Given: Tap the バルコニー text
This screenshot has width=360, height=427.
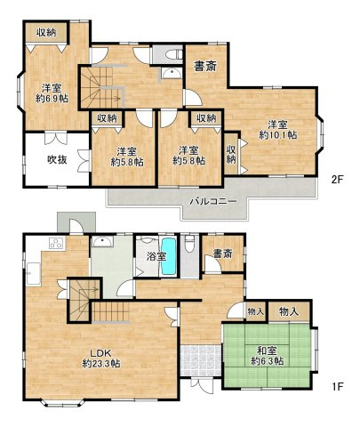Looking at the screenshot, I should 212,202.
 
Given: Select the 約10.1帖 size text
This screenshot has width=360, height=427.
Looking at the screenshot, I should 277,134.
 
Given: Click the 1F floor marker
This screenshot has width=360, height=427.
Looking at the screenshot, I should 337,387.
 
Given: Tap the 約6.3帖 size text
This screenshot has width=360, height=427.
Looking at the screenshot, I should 266,361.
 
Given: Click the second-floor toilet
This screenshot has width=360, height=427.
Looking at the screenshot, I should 168,54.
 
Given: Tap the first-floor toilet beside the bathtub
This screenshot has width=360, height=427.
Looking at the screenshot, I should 189,246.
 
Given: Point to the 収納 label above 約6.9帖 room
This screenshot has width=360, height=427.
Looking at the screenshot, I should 47,31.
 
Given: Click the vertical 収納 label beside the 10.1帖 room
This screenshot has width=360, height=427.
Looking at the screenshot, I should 230,154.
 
